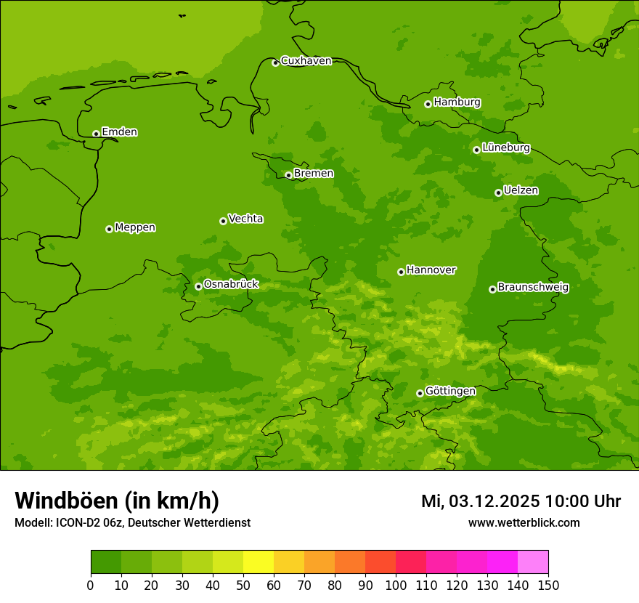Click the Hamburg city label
tap(457, 102)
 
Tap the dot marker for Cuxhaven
tap(275, 62)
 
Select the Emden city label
tap(119, 132)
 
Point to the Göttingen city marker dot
tap(420, 393)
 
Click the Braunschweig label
tap(533, 288)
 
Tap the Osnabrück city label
tap(231, 285)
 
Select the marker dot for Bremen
tap(288, 175)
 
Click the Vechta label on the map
tap(245, 219)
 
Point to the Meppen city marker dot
tap(109, 229)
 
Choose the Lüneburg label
tap(505, 147)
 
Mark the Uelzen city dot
tap(498, 193)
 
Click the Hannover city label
tap(431, 270)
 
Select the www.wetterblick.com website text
tap(524, 523)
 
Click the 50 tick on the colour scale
tap(243, 585)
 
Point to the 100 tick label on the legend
tap(396, 585)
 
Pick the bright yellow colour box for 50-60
tap(258, 562)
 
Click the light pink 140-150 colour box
tap(532, 562)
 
